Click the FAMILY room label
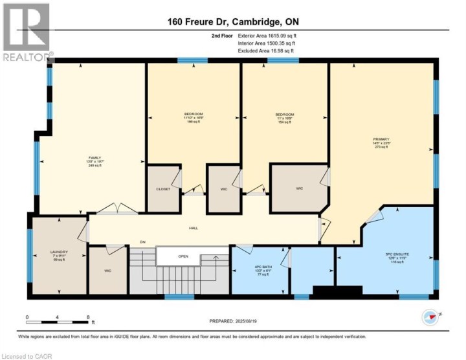click(95, 157)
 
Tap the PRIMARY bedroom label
click(380, 139)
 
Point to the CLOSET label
click(163, 189)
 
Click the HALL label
click(193, 229)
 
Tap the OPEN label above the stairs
click(183, 256)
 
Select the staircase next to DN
click(142, 272)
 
